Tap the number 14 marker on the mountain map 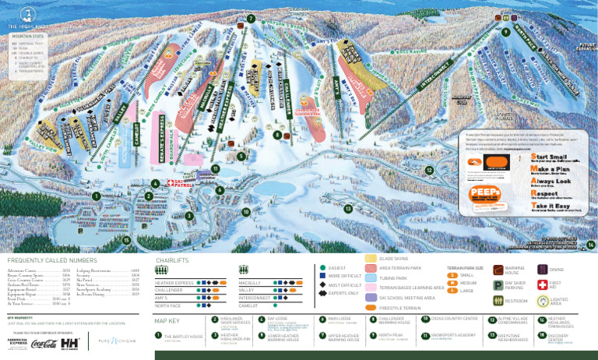591,245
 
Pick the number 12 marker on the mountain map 429,170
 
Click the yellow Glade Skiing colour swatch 370,258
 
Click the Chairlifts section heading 173,260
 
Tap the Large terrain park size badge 452,291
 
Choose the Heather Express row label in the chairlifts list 174,284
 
